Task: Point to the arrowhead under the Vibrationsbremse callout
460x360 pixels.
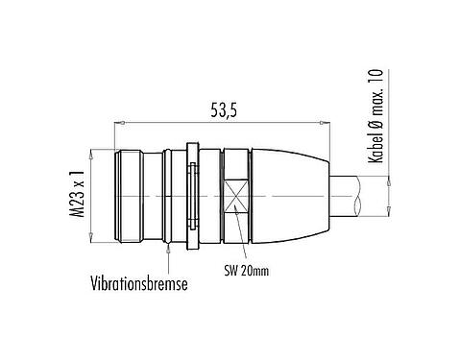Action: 170,245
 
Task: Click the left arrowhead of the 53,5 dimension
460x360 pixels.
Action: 119,122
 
